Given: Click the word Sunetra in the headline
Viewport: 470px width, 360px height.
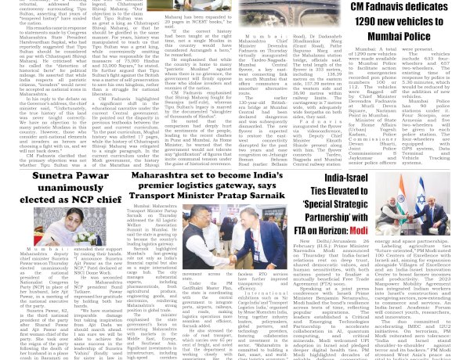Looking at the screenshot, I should (x=52, y=177).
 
